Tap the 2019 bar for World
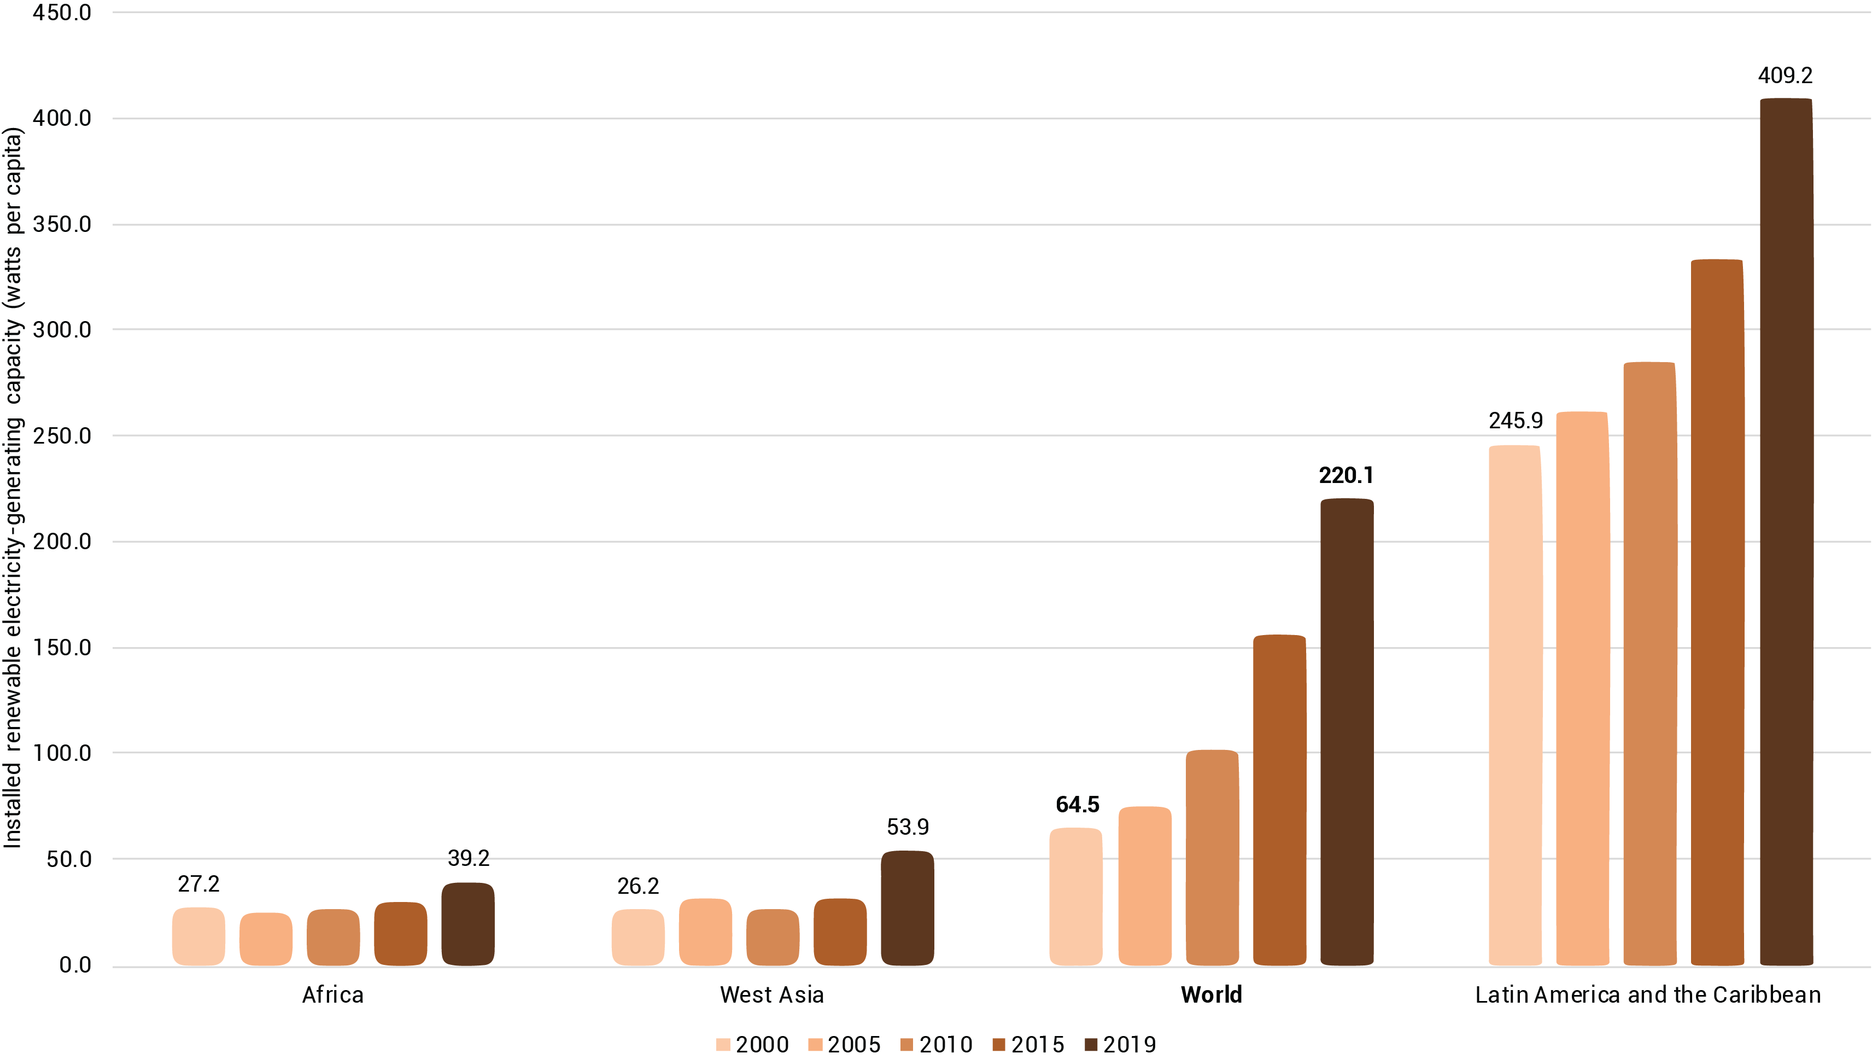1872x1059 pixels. (x=1347, y=732)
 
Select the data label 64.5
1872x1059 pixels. (x=1078, y=805)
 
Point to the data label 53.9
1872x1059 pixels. (x=907, y=827)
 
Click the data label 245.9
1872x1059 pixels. (x=1515, y=421)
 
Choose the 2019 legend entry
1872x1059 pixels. (x=1120, y=1044)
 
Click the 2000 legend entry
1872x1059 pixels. (x=752, y=1044)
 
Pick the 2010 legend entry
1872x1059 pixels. (x=937, y=1044)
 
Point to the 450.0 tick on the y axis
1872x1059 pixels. (x=62, y=13)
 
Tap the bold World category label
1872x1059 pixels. (x=1211, y=994)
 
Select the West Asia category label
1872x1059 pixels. (x=771, y=994)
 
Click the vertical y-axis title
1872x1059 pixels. (x=13, y=487)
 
